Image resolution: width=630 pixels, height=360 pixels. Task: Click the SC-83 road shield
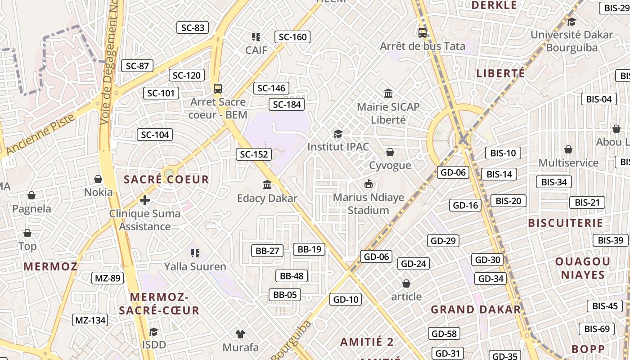point(193,27)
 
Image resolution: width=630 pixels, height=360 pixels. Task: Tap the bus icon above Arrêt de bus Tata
point(422,32)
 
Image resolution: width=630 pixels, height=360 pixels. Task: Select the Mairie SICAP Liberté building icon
point(388,93)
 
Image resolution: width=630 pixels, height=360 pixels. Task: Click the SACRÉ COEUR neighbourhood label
point(166,180)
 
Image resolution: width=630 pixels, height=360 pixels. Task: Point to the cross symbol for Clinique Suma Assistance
point(145,200)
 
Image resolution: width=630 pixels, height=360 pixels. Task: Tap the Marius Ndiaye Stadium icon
point(369,184)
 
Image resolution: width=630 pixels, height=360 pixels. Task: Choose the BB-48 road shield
point(292,276)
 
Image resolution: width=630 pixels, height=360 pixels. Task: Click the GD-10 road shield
point(346,299)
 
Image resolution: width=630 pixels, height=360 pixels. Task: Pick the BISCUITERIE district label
point(565,223)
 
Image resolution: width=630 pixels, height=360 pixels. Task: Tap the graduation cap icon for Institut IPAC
point(338,134)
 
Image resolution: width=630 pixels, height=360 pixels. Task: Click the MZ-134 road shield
point(90,320)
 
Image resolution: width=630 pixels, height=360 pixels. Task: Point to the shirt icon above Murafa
point(240,334)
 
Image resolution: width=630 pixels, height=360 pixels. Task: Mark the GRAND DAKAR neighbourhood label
point(476,310)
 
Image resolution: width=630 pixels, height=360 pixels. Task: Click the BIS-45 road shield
point(605,306)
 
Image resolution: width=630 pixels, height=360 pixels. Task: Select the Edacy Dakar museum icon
point(267,184)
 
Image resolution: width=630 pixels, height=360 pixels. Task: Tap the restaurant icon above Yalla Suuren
point(195,253)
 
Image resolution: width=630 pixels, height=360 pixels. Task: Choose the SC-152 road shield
point(254,154)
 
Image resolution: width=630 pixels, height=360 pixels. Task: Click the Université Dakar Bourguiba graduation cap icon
point(571,22)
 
